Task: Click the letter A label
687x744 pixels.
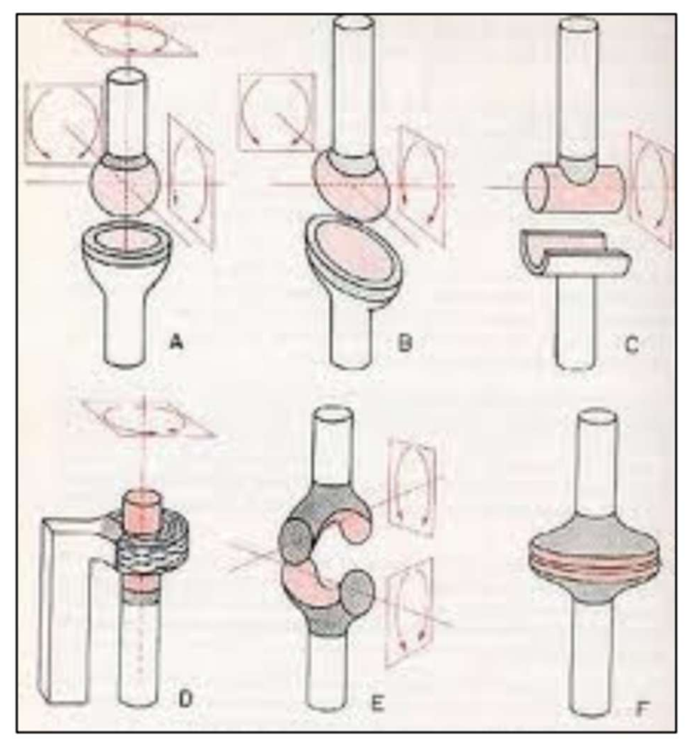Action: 176,343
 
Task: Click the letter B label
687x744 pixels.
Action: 404,344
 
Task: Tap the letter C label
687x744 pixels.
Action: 632,344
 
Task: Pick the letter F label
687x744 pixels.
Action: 642,709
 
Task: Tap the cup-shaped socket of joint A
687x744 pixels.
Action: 126,252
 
